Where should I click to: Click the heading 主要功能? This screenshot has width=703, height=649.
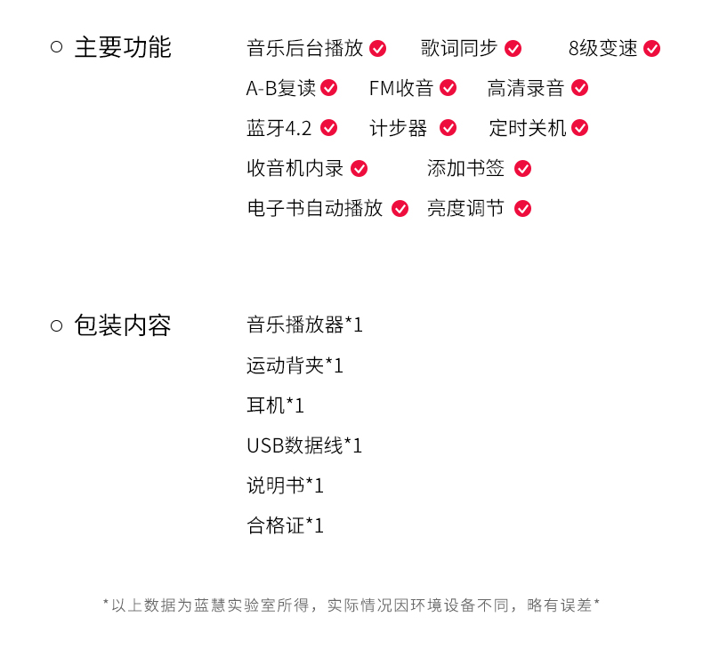click(x=122, y=48)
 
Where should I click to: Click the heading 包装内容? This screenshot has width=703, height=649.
click(x=122, y=325)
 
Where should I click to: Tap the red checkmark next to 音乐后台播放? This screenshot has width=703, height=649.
click(x=378, y=48)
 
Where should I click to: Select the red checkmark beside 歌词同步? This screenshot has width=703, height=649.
click(x=513, y=48)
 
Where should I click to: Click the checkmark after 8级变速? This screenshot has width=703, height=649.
click(x=651, y=48)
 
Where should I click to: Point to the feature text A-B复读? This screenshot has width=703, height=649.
click(x=280, y=88)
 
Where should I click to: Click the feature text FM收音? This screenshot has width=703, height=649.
click(x=400, y=88)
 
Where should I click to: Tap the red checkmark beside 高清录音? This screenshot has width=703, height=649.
click(x=579, y=88)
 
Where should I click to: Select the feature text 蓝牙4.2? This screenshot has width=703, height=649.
click(x=279, y=128)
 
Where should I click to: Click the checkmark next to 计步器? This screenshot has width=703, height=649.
click(x=448, y=128)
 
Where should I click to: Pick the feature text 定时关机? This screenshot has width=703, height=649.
click(x=527, y=128)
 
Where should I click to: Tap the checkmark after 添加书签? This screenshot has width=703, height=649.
click(x=522, y=168)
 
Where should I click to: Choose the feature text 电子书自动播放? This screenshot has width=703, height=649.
click(x=314, y=208)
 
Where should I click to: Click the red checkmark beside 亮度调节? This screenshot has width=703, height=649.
click(x=522, y=208)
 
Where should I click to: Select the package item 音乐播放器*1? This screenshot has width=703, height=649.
click(x=304, y=325)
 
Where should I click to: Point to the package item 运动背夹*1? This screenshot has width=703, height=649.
click(x=295, y=365)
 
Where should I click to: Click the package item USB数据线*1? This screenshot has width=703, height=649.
click(x=304, y=445)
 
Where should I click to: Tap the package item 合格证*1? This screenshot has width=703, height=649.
click(x=285, y=525)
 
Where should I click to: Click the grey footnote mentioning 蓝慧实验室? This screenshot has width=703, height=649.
click(x=351, y=605)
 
